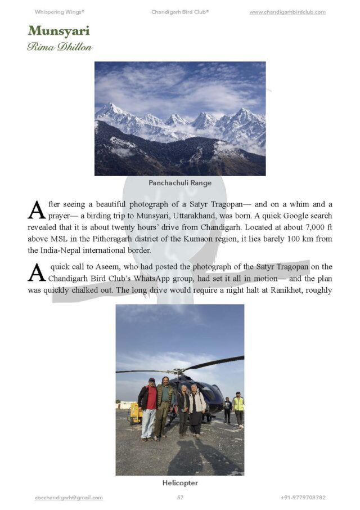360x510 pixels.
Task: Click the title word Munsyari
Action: click(58, 30)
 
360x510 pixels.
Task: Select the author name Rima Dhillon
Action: click(60, 47)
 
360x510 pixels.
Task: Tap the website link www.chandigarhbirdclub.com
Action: click(287, 12)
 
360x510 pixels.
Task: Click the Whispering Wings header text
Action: click(60, 12)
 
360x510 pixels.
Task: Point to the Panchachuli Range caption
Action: click(179, 183)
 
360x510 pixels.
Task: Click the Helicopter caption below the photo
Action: click(180, 483)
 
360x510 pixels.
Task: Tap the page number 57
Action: click(180, 498)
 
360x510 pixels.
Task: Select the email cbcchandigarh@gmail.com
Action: click(69, 498)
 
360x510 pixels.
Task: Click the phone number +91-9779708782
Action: click(303, 498)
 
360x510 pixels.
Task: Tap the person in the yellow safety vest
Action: click(238, 408)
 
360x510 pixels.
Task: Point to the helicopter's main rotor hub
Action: click(179, 371)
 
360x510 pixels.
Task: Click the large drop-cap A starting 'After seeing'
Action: click(36, 209)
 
